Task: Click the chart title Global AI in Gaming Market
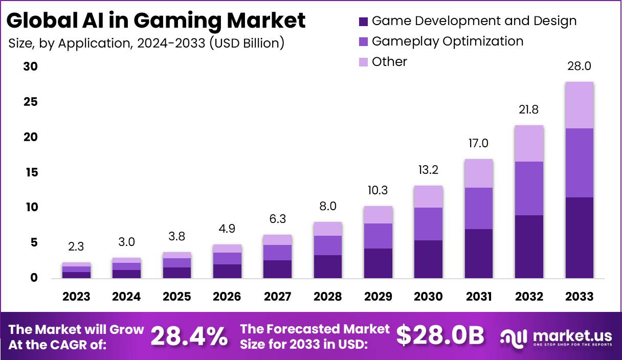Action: (156, 20)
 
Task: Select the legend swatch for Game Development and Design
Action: (364, 21)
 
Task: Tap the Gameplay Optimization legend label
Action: (448, 41)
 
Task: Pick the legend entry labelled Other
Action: (389, 62)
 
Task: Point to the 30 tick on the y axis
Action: (31, 67)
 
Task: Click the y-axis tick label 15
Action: (31, 172)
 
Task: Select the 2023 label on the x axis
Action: (76, 297)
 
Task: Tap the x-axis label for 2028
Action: (328, 297)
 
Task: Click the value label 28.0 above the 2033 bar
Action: (580, 66)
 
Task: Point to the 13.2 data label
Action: (429, 170)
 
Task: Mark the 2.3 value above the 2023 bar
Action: (76, 246)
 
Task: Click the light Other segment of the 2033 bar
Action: (580, 105)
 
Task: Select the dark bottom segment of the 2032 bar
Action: (529, 246)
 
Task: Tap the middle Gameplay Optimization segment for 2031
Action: (479, 208)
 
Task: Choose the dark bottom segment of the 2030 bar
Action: (429, 259)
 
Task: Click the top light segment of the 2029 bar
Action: (378, 215)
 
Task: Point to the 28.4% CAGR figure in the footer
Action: (189, 336)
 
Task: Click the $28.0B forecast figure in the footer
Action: (440, 336)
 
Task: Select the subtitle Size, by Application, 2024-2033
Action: (146, 43)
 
